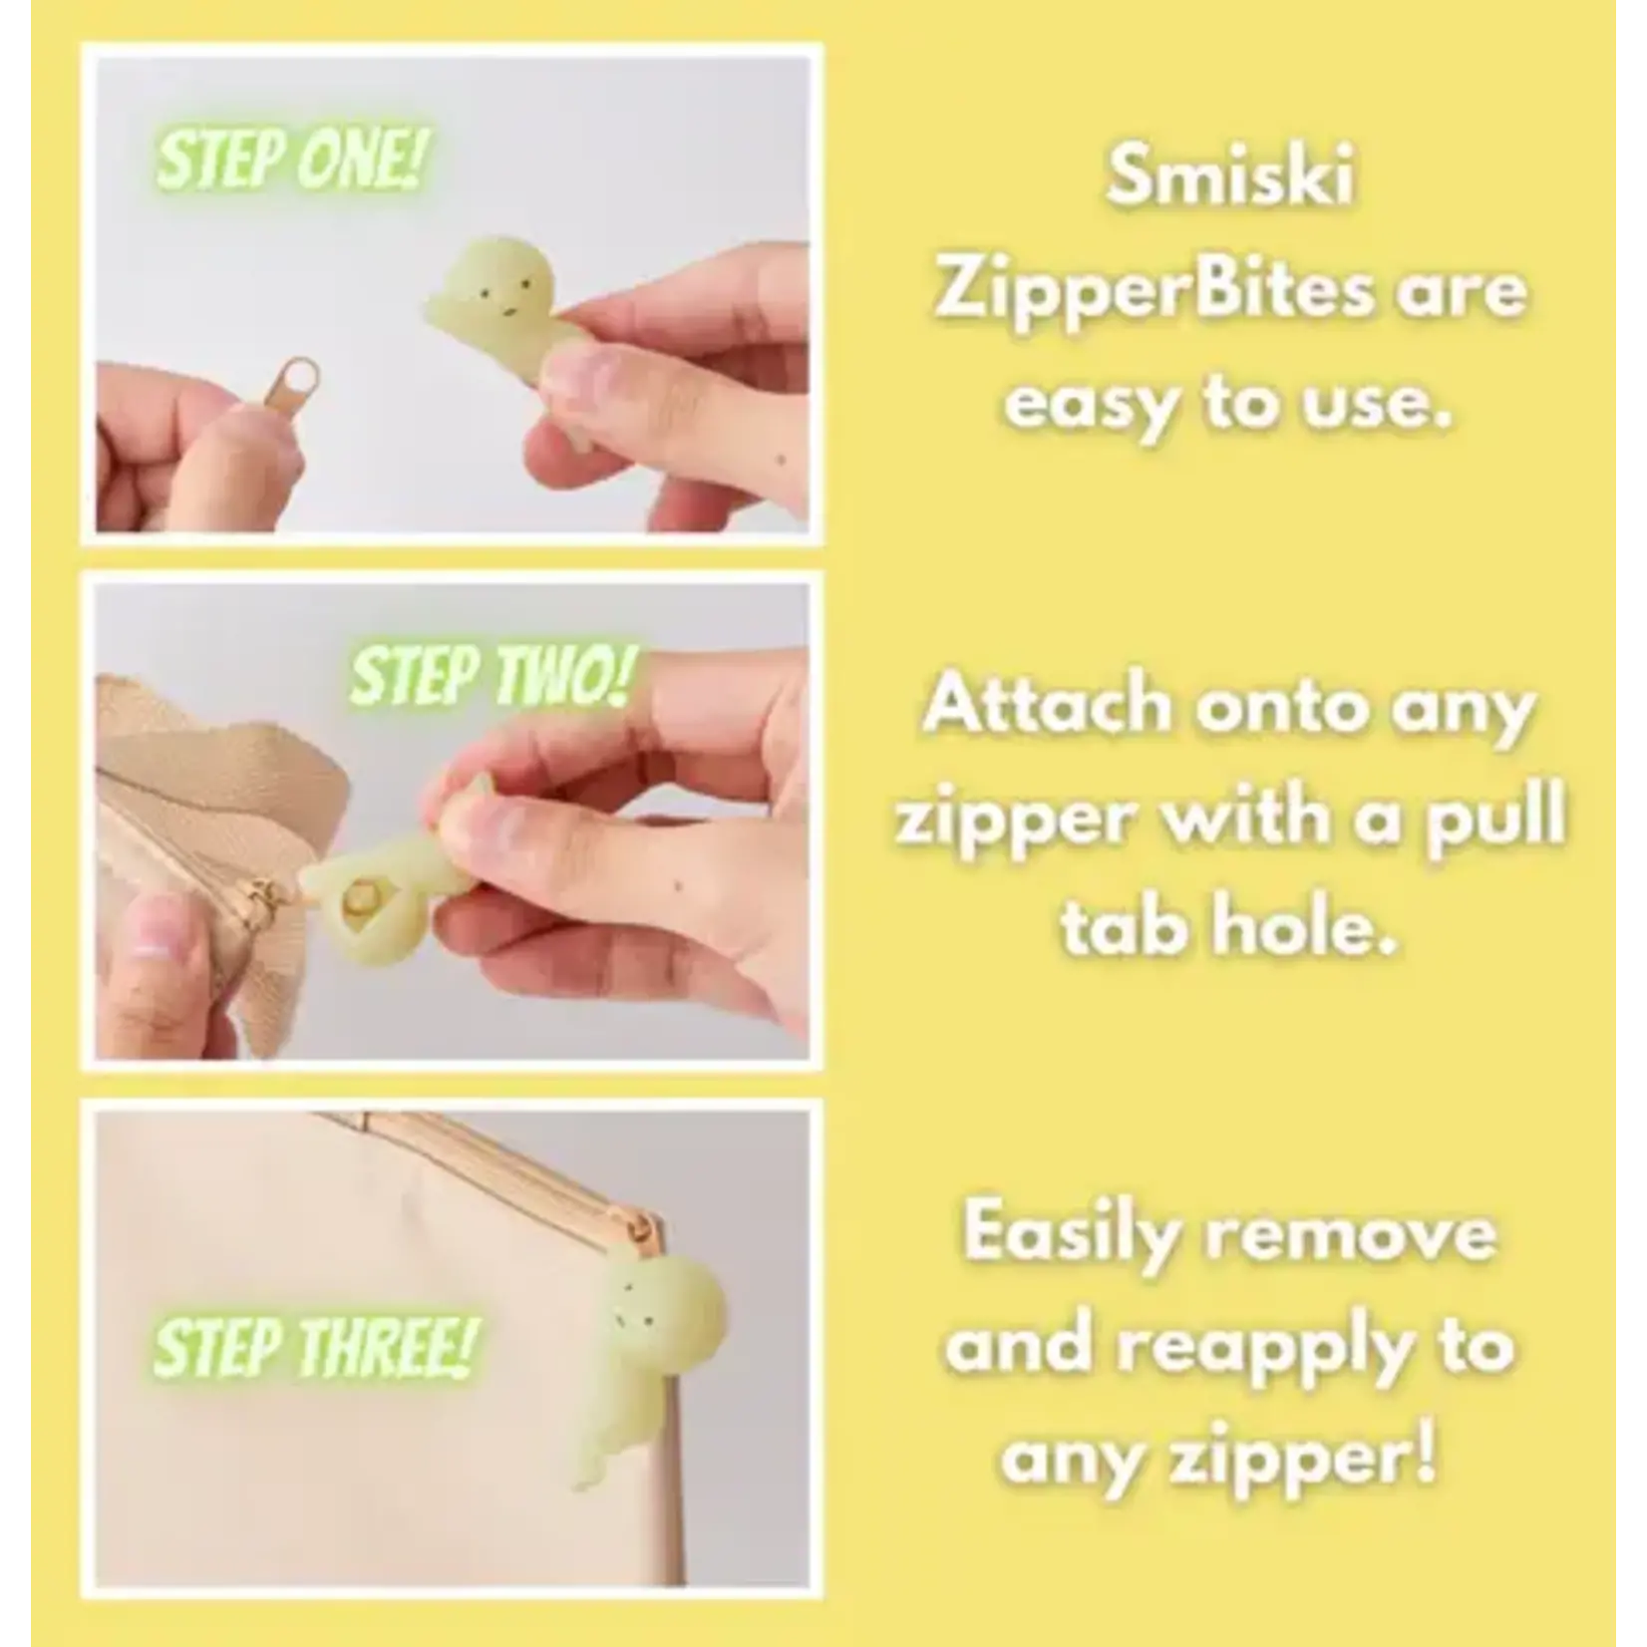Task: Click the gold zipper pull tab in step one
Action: (x=251, y=398)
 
